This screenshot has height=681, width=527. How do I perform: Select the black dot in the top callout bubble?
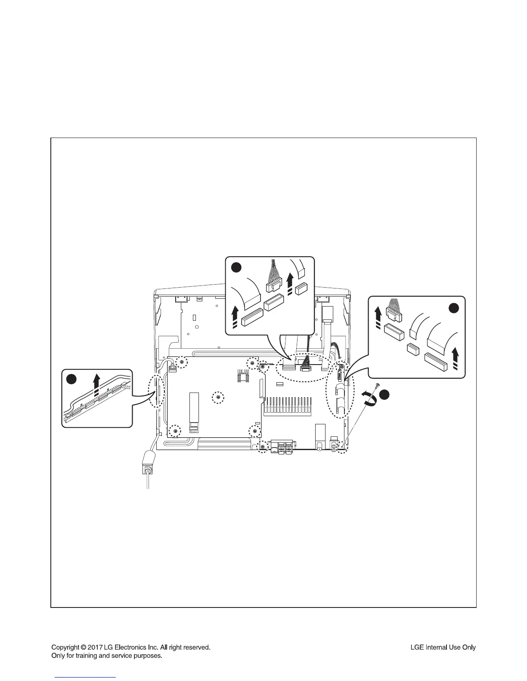coord(236,267)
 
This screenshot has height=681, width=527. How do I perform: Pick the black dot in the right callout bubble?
coord(454,307)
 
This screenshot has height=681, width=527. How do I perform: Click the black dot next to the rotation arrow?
coord(384,395)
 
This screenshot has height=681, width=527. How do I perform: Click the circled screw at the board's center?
coord(219,398)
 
